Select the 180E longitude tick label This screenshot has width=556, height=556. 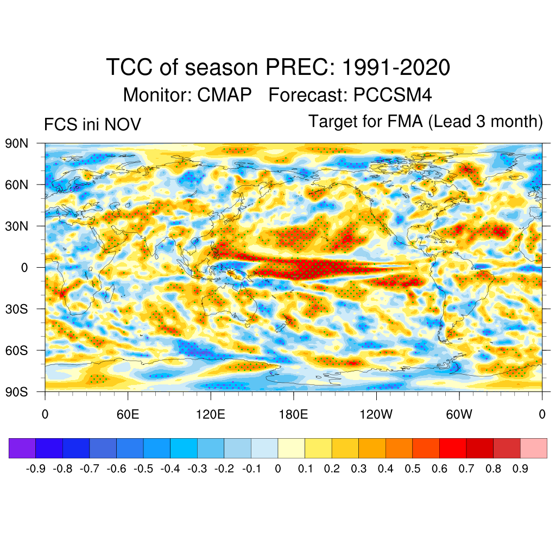pos(293,415)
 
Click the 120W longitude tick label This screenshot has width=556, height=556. pos(376,415)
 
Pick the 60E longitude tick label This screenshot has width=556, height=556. pos(128,415)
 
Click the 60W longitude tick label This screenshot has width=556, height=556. pos(459,415)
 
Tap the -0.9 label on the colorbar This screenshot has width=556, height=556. pos(36,469)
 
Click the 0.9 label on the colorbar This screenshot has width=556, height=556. pos(520,469)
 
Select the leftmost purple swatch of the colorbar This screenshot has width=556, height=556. pos(22,448)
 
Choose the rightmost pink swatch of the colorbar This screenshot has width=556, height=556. pos(533,448)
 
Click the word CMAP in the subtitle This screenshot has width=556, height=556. pos(224,95)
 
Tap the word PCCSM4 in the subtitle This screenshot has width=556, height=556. pos(393,95)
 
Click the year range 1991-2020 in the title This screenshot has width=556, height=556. pos(397,68)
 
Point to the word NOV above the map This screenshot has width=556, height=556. pos(123,124)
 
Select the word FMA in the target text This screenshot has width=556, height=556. pos(405,121)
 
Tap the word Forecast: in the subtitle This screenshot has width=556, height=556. pos(308,95)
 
